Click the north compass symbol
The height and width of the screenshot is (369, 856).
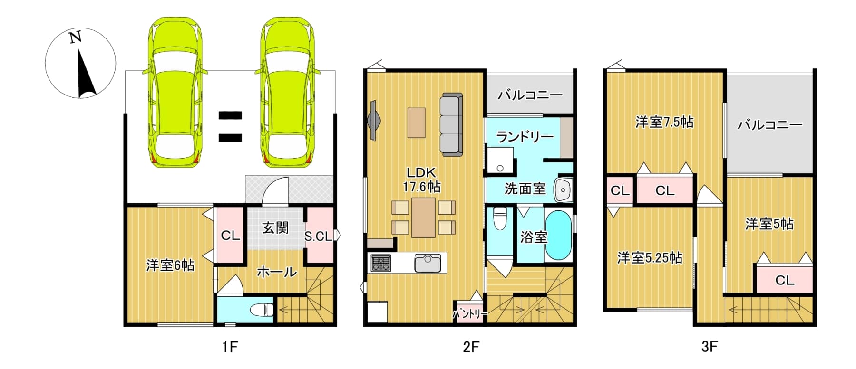(80, 63)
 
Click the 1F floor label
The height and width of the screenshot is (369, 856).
(230, 347)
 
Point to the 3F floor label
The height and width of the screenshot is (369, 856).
(709, 347)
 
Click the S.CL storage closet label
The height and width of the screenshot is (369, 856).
(318, 236)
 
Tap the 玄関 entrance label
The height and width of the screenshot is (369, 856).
(275, 228)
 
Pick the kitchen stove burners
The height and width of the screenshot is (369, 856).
(380, 263)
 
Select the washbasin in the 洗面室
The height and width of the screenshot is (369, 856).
(563, 190)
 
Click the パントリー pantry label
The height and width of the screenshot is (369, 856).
(470, 314)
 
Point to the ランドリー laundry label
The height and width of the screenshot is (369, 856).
(525, 137)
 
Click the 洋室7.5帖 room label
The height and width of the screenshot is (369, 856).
(664, 122)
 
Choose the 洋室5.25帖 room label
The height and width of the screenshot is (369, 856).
(650, 257)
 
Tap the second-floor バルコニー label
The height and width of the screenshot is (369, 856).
(530, 95)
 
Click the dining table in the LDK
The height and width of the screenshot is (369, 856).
(423, 217)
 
